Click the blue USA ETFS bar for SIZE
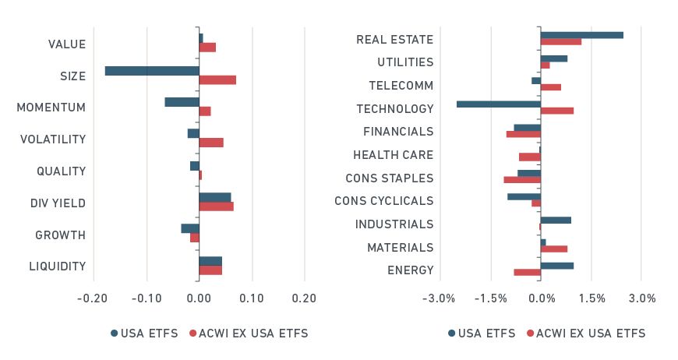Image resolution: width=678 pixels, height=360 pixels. [x=152, y=71]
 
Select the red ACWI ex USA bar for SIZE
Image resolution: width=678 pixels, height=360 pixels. [x=217, y=80]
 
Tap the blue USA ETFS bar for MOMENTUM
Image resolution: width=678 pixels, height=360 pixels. [x=182, y=102]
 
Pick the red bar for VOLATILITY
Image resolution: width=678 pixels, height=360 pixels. [x=211, y=143]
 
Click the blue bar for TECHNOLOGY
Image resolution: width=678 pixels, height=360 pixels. [x=498, y=104]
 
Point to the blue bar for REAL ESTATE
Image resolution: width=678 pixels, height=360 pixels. [x=581, y=35]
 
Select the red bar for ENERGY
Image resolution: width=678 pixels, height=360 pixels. [x=527, y=272]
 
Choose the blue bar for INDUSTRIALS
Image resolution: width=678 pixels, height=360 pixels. [x=556, y=220]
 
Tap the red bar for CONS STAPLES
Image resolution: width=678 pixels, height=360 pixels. [x=522, y=180]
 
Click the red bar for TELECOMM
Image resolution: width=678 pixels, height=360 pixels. [x=550, y=87]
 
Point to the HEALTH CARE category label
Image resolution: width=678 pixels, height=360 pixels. [x=393, y=155]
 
